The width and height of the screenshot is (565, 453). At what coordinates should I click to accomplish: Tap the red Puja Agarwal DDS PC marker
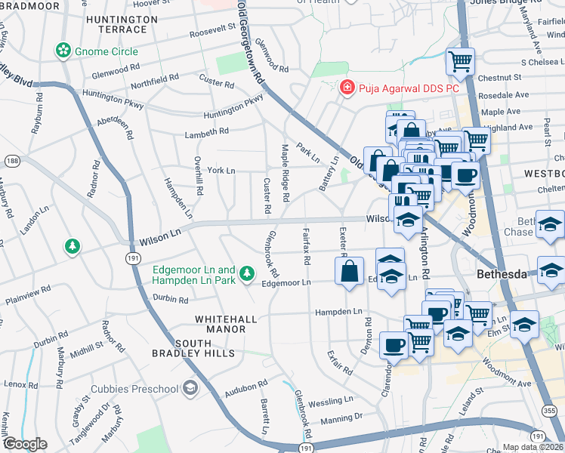(x=347, y=88)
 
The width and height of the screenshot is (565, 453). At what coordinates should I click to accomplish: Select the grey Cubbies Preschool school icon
(x=190, y=390)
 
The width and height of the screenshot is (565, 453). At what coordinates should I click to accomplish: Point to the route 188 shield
(x=11, y=160)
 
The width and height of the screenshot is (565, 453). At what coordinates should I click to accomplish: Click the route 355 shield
(x=549, y=410)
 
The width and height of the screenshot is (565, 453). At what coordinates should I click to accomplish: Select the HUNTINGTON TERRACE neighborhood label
(x=116, y=23)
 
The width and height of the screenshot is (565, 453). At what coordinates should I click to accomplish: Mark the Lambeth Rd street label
(x=206, y=132)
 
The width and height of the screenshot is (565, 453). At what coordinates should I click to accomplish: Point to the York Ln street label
(x=221, y=171)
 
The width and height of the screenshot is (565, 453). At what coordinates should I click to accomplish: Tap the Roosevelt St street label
(x=213, y=32)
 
